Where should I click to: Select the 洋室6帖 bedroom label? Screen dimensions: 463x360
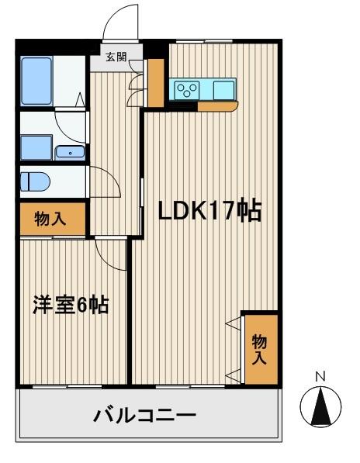(x=70, y=305)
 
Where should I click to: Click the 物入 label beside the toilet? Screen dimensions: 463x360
(x=50, y=219)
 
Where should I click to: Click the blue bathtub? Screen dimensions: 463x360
(x=36, y=81)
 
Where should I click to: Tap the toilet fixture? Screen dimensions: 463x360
(x=36, y=181)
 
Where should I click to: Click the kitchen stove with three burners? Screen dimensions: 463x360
(x=187, y=89)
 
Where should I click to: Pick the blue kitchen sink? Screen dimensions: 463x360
(x=223, y=89)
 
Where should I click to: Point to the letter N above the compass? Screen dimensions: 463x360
(x=319, y=378)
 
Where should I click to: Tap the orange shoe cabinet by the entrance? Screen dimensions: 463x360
(x=157, y=82)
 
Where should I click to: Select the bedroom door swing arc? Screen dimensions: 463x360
(x=109, y=252)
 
